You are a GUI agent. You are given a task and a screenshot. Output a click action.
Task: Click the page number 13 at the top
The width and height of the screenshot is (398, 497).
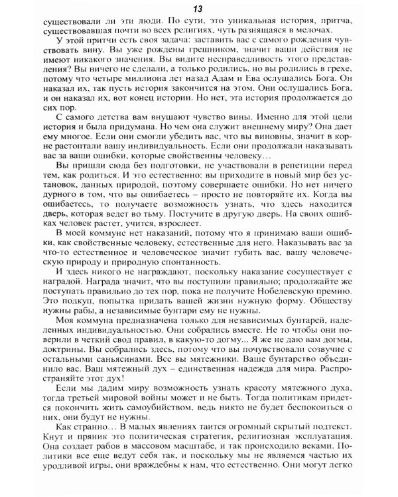click(198, 8)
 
